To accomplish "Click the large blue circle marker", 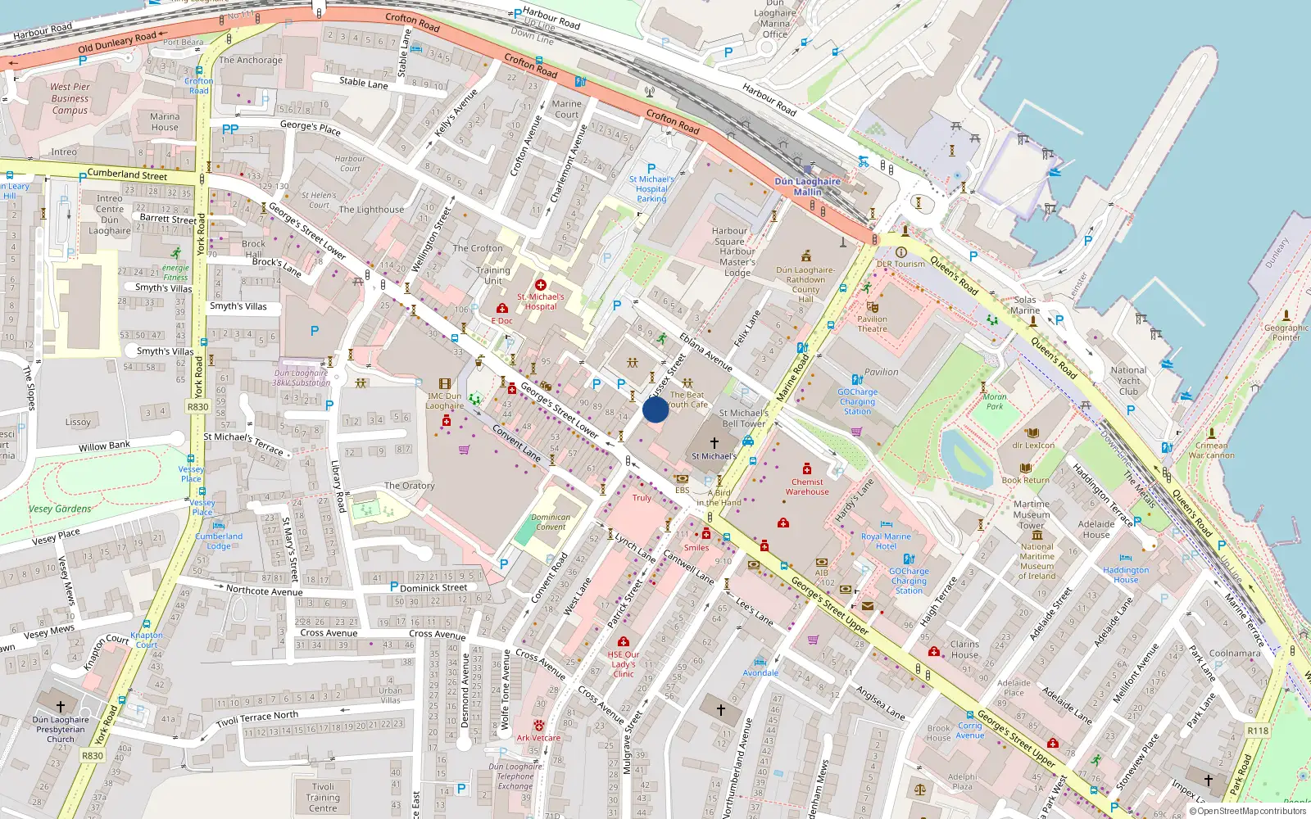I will pos(655,409).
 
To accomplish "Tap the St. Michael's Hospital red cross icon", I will pos(540,285).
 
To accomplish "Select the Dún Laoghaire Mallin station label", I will pos(807,187).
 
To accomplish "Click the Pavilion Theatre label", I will pos(872,324).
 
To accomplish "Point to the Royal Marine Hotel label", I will pos(886,541).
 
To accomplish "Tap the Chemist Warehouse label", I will pos(807,486).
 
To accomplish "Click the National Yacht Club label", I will pos(1128,380).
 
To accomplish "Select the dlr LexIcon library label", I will pos(1032,446).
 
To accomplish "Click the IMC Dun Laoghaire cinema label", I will pos(444,400).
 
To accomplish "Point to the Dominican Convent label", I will pos(551,522).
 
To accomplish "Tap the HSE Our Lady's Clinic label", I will pos(624,664).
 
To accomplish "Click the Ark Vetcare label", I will pos(538,737).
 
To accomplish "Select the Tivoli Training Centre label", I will pos(323,797).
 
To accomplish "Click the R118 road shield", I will pos(1258,731).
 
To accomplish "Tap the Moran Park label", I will pos(995,401).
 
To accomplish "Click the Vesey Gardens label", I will pos(60,509).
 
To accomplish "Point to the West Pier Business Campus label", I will pos(70,98).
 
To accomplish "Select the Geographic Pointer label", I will pos(1286,332).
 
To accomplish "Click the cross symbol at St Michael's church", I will pos(714,442).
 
